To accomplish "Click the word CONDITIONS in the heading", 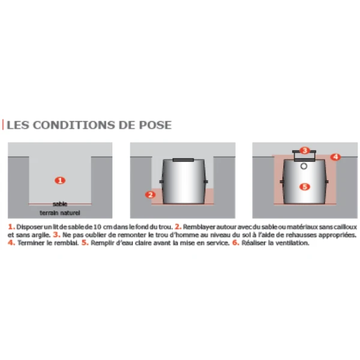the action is tap(73, 125).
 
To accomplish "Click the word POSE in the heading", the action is tap(155, 125).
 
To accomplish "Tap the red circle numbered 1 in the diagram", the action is tap(60, 181).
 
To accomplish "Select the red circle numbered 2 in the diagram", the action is tap(151, 195).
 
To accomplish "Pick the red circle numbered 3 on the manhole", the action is tap(305, 151).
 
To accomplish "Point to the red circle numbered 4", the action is tap(335, 157).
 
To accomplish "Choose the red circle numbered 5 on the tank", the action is tap(305, 187).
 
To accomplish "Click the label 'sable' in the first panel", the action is tap(60, 204).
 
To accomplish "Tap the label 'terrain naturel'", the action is tap(60, 213).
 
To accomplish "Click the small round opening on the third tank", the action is tap(304, 166).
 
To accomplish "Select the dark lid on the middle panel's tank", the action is tap(183, 160).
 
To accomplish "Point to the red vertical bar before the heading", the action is tap(3, 125).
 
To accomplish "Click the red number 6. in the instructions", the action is tap(236, 242).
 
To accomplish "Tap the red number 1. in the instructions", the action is tap(11, 227).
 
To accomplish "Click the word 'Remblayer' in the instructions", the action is tap(199, 227).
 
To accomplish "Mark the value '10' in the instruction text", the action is tap(97, 227).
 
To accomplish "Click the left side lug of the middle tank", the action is tap(161, 182).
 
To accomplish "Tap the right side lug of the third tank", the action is tap(327, 182).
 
